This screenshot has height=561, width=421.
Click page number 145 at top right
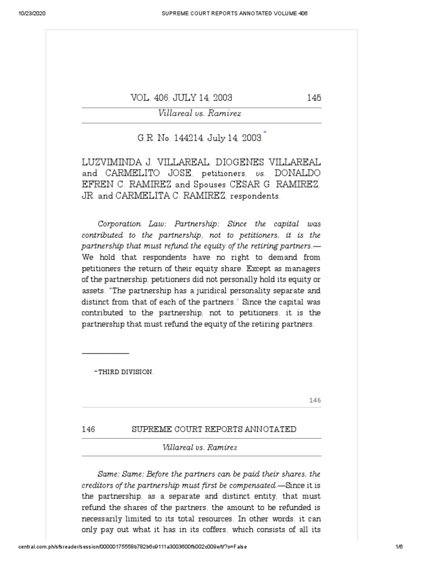314,98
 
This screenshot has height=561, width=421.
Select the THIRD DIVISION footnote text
126,372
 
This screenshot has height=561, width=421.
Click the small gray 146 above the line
314,400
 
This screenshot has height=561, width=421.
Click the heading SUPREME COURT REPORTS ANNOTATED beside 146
214,429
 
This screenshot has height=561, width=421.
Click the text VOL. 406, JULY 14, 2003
181,98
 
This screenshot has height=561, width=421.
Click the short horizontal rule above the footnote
105,354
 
